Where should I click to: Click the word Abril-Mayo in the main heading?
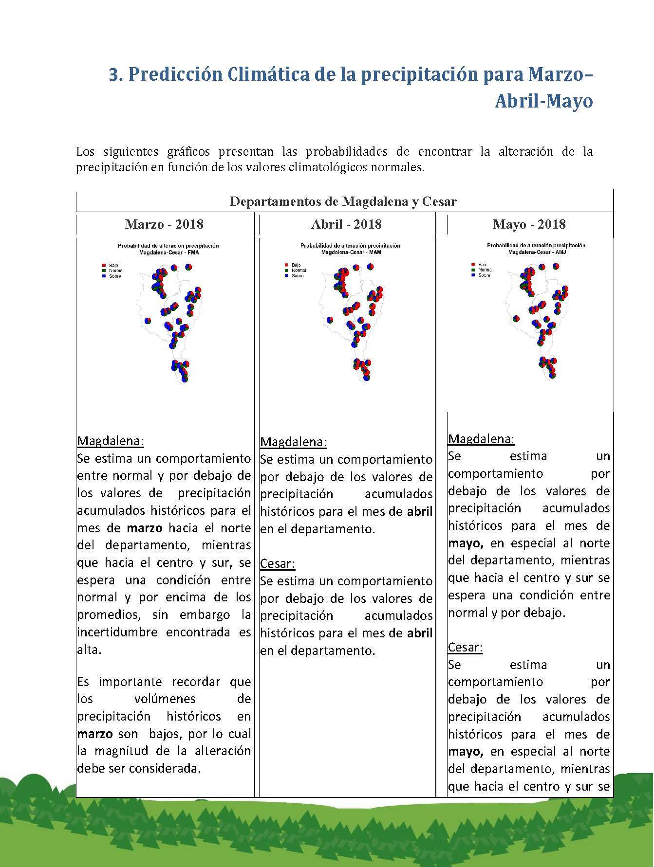[543, 101]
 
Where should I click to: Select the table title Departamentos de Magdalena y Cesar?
[343, 201]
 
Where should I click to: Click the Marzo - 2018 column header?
[164, 224]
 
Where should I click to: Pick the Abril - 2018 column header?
[346, 224]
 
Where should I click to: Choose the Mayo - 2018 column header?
[529, 224]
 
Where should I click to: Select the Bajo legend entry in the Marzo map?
[106, 266]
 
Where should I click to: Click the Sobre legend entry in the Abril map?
[297, 276]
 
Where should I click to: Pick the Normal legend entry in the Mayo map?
[484, 270]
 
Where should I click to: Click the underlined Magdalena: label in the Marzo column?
[111, 441]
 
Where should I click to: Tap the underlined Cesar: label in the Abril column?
[278, 563]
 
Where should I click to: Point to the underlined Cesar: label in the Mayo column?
[465, 647]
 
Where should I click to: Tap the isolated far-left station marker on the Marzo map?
[148, 320]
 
